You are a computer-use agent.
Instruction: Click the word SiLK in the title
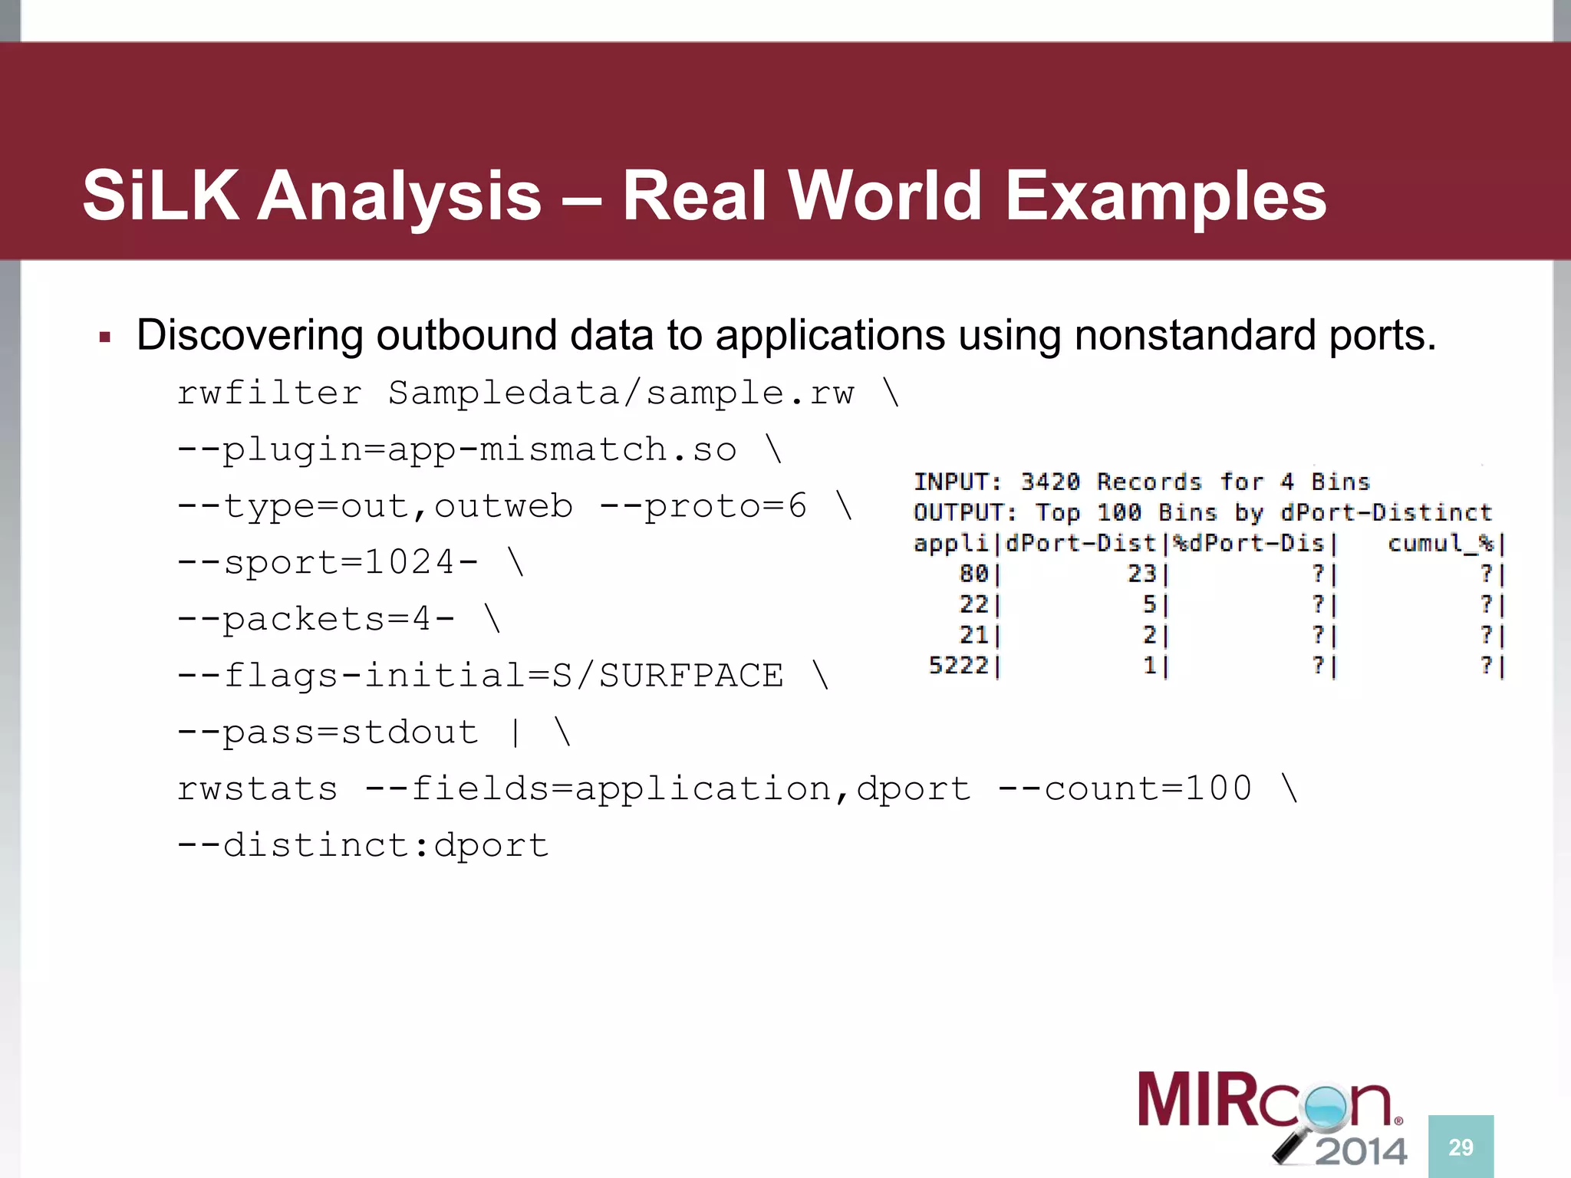click(x=160, y=196)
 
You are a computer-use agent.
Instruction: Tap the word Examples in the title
click(x=1165, y=196)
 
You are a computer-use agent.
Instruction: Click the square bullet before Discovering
click(x=106, y=337)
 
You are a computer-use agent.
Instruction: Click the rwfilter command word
click(x=269, y=393)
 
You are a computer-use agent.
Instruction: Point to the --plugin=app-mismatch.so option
click(x=456, y=450)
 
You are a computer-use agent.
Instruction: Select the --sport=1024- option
click(x=328, y=563)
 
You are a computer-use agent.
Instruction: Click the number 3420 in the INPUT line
click(x=1049, y=482)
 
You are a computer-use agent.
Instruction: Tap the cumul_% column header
click(x=1441, y=544)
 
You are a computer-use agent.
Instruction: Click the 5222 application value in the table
click(x=958, y=665)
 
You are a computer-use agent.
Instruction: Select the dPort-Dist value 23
click(x=1141, y=574)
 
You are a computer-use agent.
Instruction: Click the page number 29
click(x=1461, y=1147)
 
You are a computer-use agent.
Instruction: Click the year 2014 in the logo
click(x=1361, y=1152)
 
